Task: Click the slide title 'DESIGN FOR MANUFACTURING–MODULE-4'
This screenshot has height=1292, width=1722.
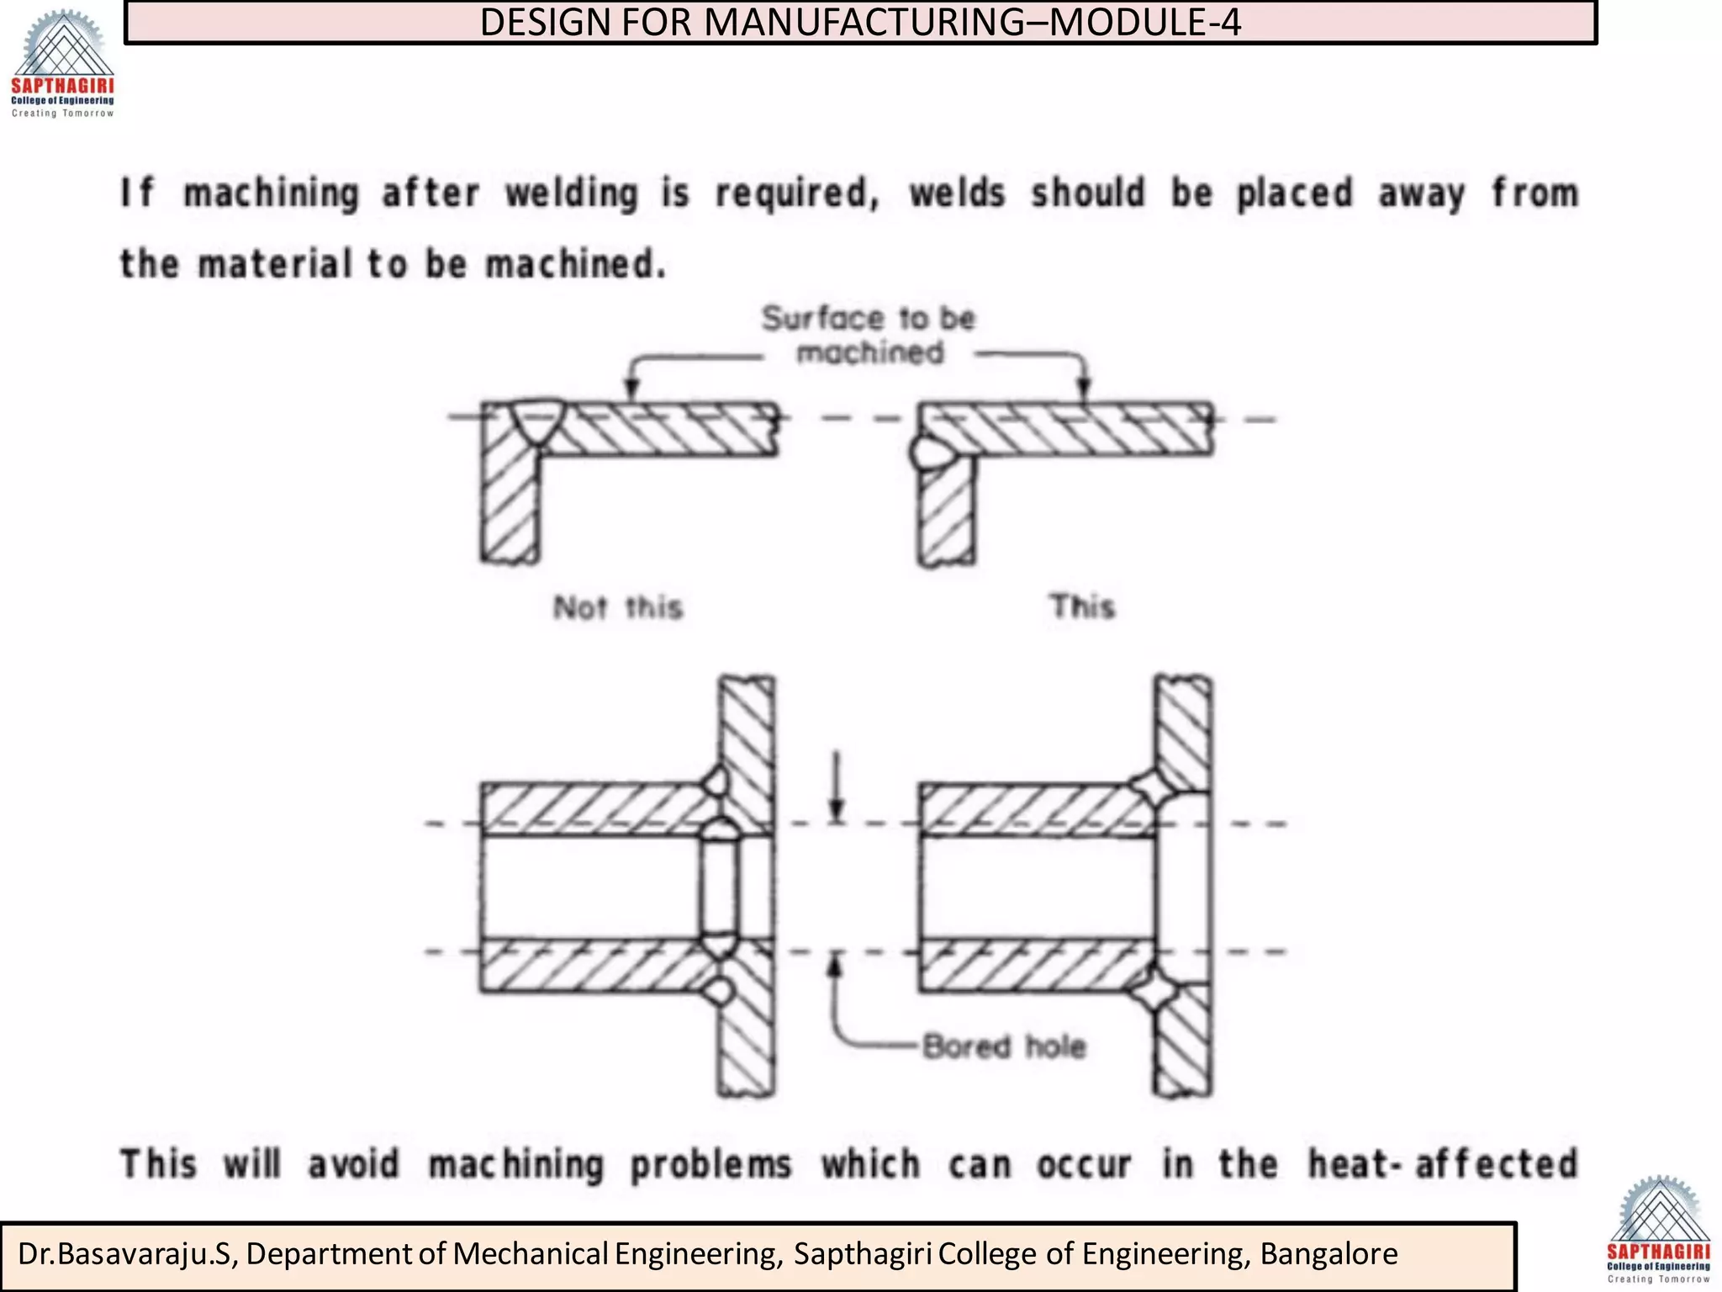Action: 859,23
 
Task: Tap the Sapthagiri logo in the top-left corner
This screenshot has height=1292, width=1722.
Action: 62,64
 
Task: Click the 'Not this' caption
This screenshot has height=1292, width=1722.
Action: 618,607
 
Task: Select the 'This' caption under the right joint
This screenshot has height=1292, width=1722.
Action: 1082,606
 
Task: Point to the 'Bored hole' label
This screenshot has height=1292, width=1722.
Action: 1004,1047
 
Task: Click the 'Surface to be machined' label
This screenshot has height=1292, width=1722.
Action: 869,335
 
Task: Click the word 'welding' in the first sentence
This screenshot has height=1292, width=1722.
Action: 572,194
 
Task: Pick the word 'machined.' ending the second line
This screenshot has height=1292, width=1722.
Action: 576,265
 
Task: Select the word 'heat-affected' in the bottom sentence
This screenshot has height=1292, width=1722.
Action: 1443,1165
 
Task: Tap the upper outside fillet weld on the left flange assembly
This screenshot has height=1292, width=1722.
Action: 716,781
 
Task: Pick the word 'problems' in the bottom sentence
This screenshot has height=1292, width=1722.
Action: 710,1165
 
